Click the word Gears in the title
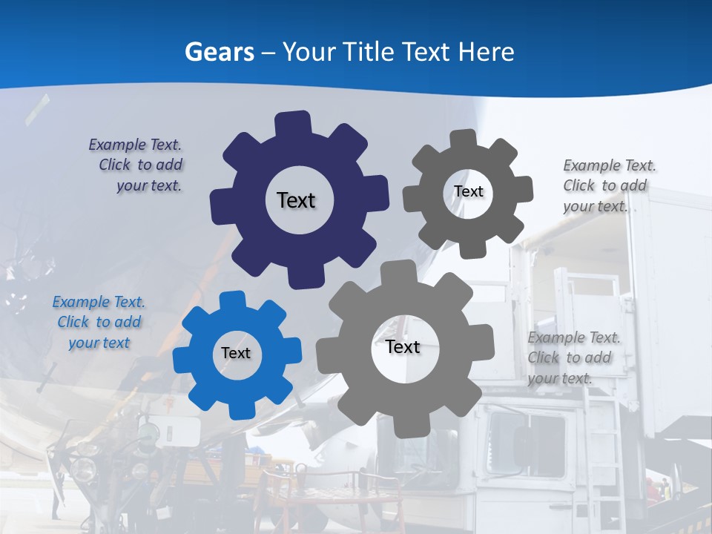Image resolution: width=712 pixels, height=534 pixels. pyautogui.click(x=219, y=52)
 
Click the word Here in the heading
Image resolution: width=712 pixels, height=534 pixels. pyautogui.click(x=486, y=52)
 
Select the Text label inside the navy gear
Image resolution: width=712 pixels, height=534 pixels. pyautogui.click(x=296, y=200)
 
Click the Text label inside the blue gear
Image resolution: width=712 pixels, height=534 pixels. pyautogui.click(x=236, y=354)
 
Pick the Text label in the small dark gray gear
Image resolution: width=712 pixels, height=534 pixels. pyautogui.click(x=469, y=191)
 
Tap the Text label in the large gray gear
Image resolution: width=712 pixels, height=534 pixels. pyautogui.click(x=403, y=347)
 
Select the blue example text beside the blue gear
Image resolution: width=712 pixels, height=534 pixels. pyautogui.click(x=99, y=323)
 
